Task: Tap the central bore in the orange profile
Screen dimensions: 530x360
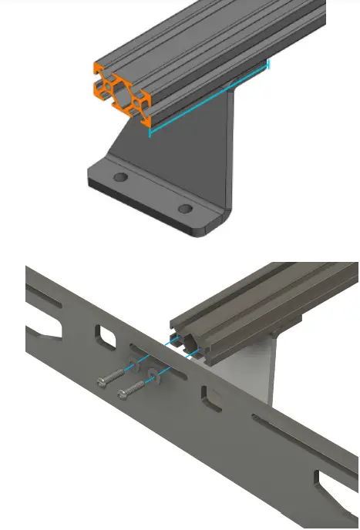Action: [x=122, y=92]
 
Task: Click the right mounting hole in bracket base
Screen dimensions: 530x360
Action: [x=185, y=209]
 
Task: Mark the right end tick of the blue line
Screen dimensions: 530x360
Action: [x=268, y=65]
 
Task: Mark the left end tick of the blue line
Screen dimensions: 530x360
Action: [x=149, y=132]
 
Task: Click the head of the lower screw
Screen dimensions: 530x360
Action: [x=122, y=395]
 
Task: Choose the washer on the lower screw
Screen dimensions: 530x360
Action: [x=155, y=375]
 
